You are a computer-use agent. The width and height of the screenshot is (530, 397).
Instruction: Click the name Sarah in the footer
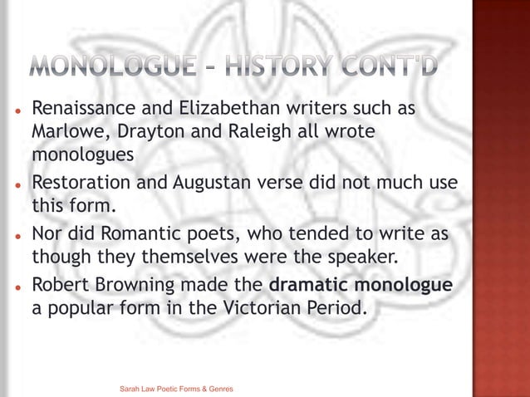click(x=130, y=389)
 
